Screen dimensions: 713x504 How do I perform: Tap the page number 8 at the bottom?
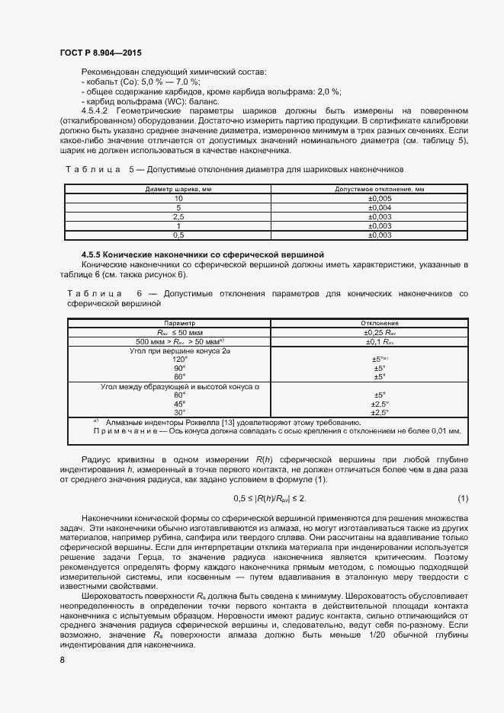pyautogui.click(x=62, y=660)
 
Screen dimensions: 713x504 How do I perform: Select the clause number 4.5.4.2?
pyautogui.click(x=98, y=111)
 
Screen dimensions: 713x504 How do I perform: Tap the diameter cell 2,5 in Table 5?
pyautogui.click(x=178, y=216)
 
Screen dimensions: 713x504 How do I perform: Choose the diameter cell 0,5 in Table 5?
pyautogui.click(x=178, y=235)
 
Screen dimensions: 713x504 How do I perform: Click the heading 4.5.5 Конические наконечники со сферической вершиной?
pyautogui.click(x=203, y=254)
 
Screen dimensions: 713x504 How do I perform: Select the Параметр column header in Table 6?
pyautogui.click(x=179, y=323)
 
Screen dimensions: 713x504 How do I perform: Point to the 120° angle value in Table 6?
pyautogui.click(x=179, y=359)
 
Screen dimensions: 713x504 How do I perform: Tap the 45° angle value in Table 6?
pyautogui.click(x=179, y=404)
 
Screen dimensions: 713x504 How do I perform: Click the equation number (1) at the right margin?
pyautogui.click(x=462, y=499)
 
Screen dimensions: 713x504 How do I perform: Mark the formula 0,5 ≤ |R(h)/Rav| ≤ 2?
pyautogui.click(x=269, y=499)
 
